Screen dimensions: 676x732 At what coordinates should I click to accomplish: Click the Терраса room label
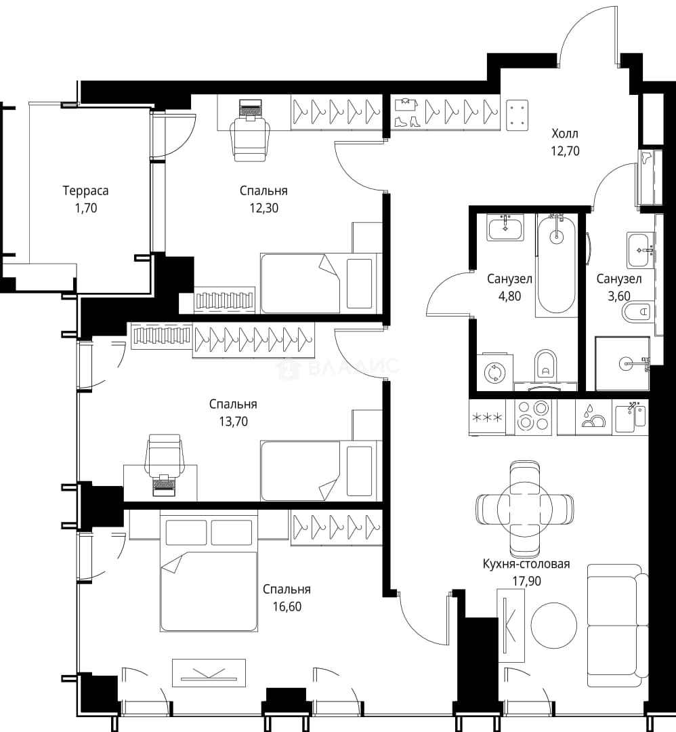click(85, 190)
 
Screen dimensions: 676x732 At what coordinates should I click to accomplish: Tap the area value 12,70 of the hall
click(564, 150)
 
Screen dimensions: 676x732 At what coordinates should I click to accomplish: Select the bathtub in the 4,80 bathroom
click(556, 265)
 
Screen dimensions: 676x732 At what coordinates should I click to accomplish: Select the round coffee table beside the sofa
click(554, 626)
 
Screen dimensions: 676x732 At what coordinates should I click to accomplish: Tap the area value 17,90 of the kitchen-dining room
click(527, 581)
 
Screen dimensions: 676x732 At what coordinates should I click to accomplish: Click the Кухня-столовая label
click(526, 564)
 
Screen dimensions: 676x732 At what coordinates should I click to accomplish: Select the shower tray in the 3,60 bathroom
click(622, 363)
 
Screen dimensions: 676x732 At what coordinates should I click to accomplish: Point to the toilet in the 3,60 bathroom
click(636, 311)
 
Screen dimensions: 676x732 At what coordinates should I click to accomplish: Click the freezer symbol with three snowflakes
click(488, 417)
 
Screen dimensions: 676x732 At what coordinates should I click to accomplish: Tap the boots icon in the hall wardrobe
click(407, 121)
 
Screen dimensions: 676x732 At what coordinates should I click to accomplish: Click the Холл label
click(564, 134)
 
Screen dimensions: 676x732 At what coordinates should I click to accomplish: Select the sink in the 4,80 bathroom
click(505, 228)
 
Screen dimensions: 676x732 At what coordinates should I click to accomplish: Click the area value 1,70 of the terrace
click(86, 208)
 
